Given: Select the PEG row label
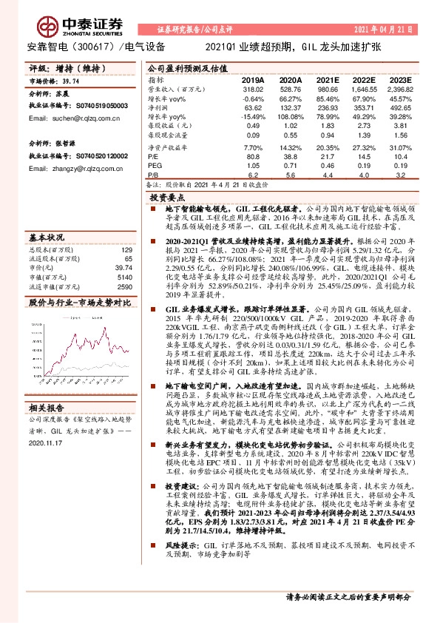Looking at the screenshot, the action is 153,166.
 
